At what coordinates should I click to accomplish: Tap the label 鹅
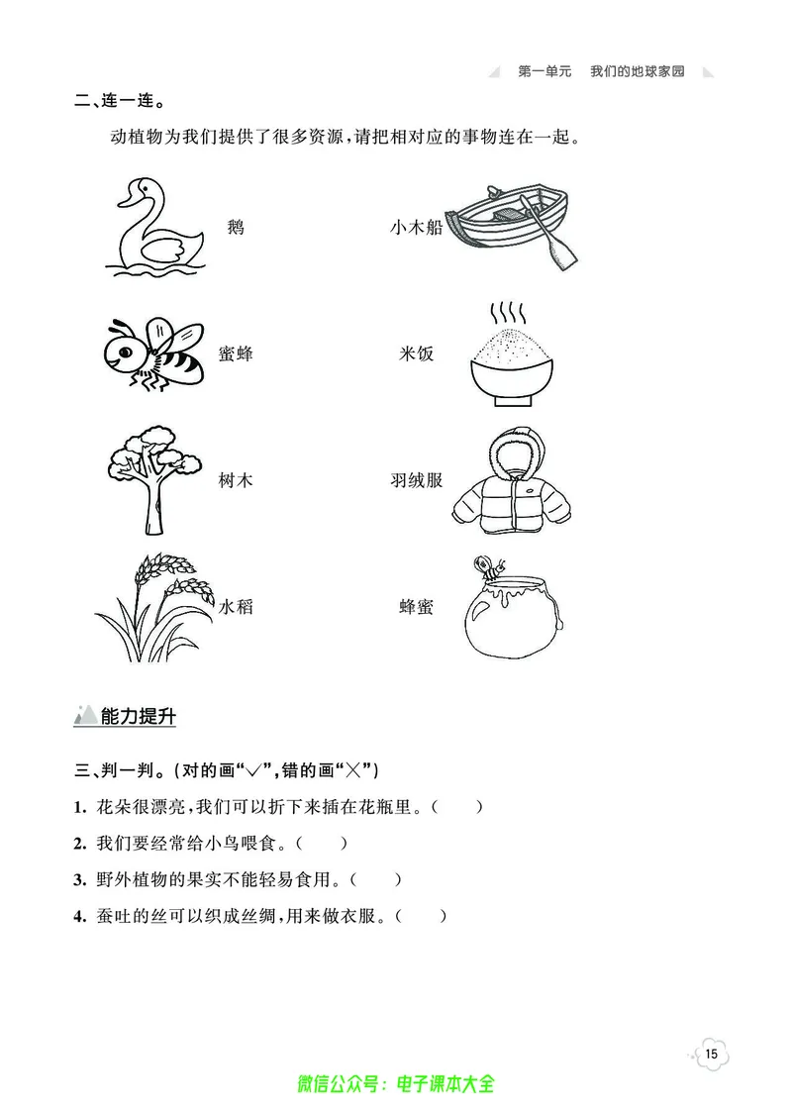click(x=236, y=228)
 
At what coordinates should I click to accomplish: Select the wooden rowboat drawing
click(x=511, y=226)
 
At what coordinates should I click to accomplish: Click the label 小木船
click(x=416, y=228)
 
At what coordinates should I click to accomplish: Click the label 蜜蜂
click(x=236, y=353)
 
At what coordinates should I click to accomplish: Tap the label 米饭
click(x=416, y=353)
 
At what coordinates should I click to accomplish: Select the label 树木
click(x=236, y=480)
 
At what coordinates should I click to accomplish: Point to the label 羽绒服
click(x=416, y=480)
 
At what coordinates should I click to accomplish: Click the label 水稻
click(x=236, y=606)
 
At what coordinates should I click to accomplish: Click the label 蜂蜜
click(x=416, y=606)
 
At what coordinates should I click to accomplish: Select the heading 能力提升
click(x=138, y=717)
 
